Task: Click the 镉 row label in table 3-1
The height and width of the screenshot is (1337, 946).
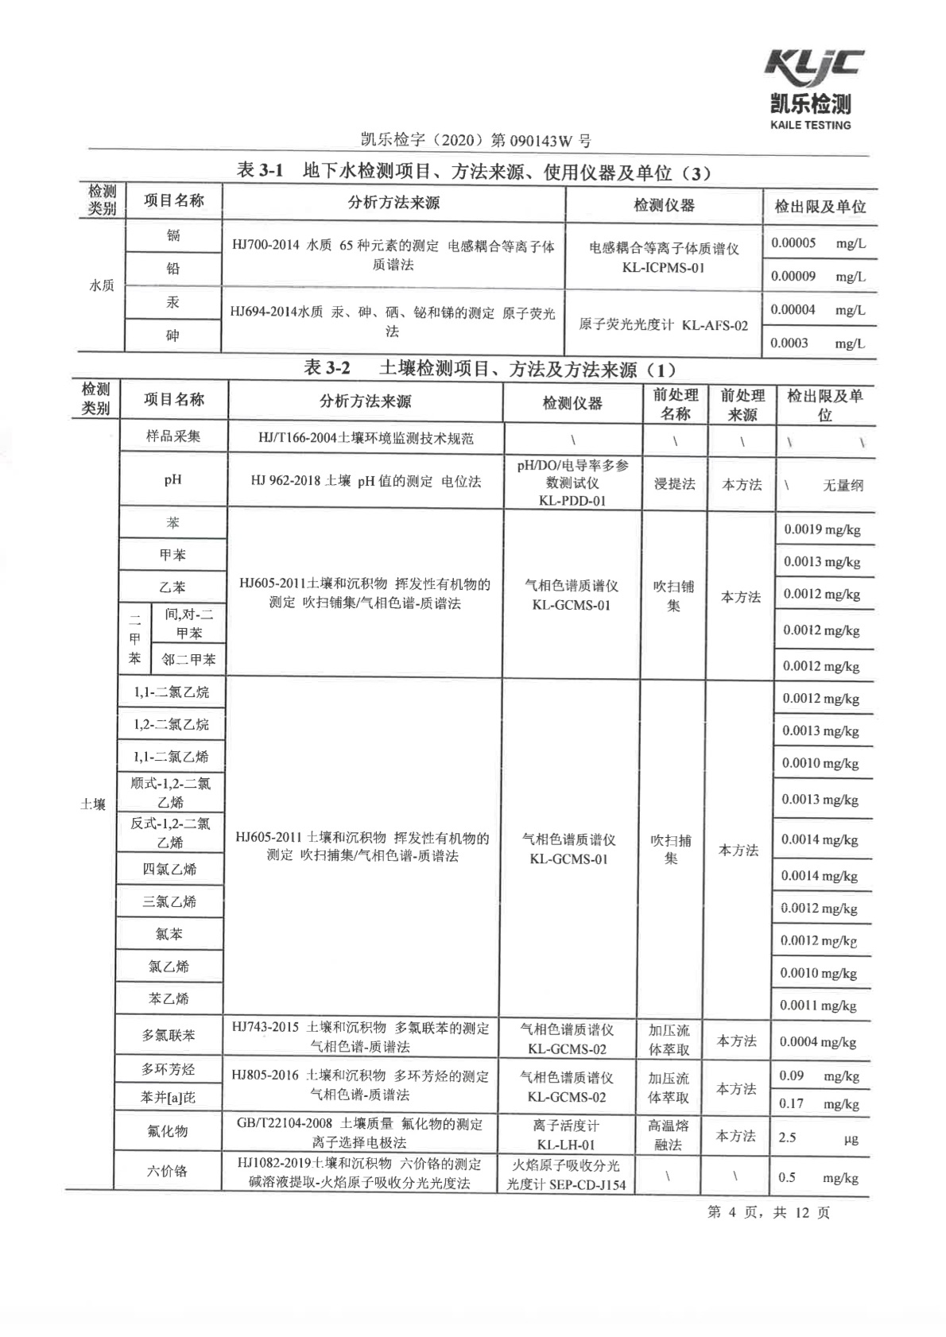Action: point(173,235)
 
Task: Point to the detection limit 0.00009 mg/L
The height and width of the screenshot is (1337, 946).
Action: point(817,277)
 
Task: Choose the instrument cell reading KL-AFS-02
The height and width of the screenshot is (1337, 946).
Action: point(663,325)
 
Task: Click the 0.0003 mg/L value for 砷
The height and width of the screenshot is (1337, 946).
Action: point(816,343)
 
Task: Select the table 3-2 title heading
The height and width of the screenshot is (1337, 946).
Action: point(490,369)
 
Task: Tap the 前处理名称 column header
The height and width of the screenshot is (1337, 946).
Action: point(675,404)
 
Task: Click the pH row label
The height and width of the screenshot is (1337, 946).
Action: point(173,479)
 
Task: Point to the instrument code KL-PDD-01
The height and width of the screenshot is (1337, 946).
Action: point(572,501)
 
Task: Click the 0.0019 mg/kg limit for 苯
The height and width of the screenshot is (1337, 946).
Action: point(822,529)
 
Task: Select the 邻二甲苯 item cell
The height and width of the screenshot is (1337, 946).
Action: point(188,659)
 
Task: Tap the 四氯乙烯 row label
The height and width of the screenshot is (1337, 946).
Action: point(169,869)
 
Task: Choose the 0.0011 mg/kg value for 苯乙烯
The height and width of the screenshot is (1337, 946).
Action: point(818,1006)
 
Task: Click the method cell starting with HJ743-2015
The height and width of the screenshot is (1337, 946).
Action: point(360,1037)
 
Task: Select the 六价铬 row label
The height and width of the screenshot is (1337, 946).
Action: point(167,1171)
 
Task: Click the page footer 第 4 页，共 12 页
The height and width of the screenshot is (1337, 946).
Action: point(768,1212)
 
